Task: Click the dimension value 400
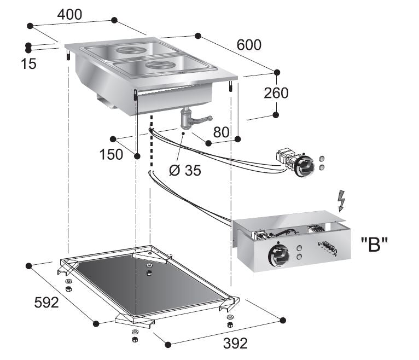click(70, 15)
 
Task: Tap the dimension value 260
click(276, 93)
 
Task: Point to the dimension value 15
click(29, 63)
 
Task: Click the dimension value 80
click(222, 132)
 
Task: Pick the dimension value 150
click(111, 155)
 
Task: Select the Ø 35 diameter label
click(185, 170)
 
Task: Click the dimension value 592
click(46, 302)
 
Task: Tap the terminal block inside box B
click(327, 249)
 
